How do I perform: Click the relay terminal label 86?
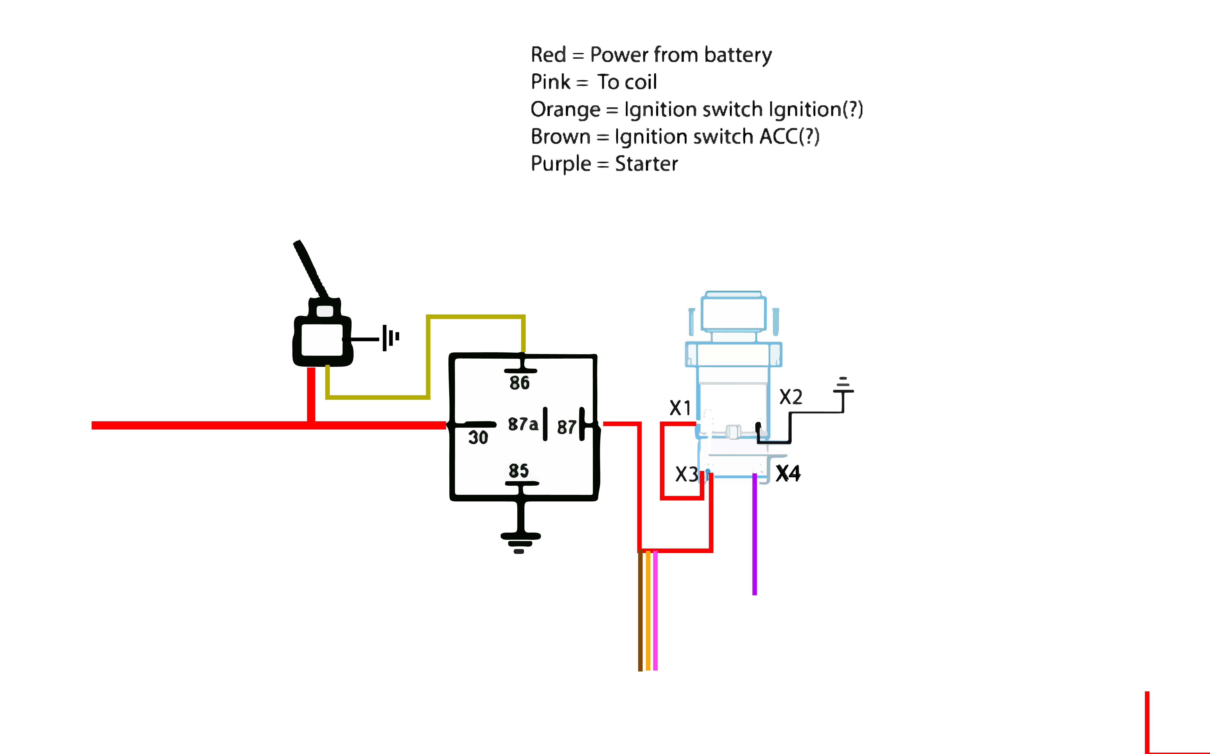(x=519, y=383)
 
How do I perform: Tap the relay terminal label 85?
(x=518, y=470)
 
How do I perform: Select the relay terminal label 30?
(x=478, y=437)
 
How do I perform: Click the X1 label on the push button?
(x=680, y=408)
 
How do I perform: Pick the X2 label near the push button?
(x=791, y=397)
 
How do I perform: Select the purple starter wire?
(x=754, y=535)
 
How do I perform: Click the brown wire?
(x=640, y=611)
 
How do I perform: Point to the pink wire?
(x=655, y=611)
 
